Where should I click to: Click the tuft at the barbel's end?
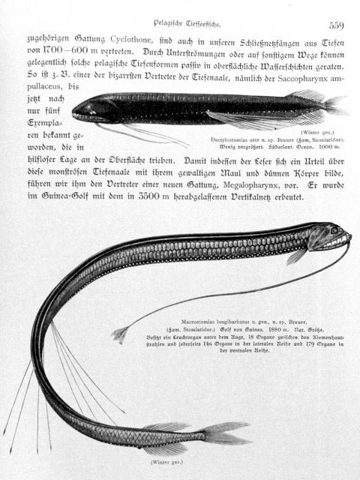point(119,335)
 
